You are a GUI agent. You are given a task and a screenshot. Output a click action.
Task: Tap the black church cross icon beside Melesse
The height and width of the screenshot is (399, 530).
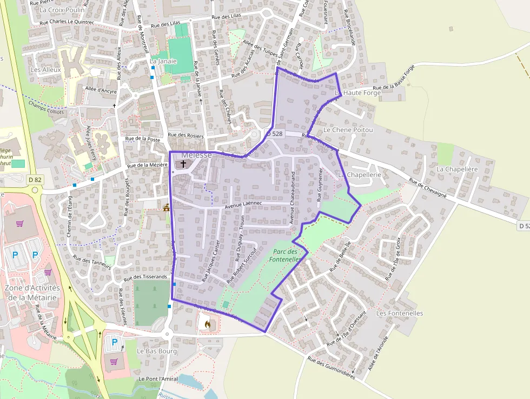183,163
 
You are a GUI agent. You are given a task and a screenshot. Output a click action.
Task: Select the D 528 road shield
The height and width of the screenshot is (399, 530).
274,133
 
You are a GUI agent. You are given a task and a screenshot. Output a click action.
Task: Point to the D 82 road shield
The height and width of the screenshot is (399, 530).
35,179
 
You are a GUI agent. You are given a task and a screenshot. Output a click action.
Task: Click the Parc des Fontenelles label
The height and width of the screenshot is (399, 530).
286,256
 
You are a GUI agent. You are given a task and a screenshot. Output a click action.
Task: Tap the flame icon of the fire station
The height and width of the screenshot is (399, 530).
207,324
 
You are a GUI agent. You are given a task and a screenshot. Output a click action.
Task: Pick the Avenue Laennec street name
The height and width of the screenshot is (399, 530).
243,203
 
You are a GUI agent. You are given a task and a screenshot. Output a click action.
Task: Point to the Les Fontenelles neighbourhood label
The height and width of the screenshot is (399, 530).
399,313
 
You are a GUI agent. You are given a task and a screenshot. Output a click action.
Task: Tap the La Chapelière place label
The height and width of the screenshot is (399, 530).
457,169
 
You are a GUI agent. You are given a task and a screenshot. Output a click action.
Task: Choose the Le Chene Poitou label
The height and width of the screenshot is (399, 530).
348,130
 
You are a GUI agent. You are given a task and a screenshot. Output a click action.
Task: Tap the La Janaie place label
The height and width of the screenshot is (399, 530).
163,61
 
